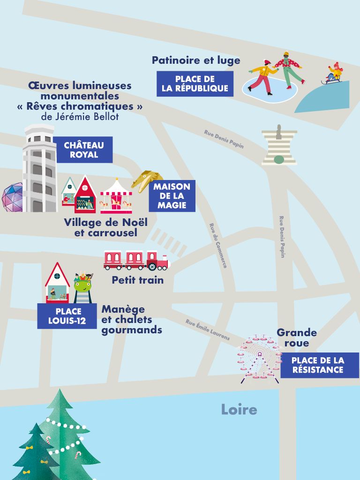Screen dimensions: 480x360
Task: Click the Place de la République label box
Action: pyautogui.click(x=195, y=84)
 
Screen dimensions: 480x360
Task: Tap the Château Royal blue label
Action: pyautogui.click(x=84, y=150)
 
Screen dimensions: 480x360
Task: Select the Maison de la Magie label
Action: pyautogui.click(x=172, y=196)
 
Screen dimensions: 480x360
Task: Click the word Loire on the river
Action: pyautogui.click(x=239, y=410)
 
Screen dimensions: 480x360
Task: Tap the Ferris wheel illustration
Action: pyautogui.click(x=259, y=358)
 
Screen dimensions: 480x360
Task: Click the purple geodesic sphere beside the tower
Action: pyautogui.click(x=13, y=198)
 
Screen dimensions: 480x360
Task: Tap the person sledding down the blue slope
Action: pyautogui.click(x=334, y=73)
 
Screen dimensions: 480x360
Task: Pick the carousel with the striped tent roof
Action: pyautogui.click(x=116, y=195)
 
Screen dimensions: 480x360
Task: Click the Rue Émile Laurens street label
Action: pyautogui.click(x=208, y=330)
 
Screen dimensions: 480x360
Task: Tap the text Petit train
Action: pyautogui.click(x=137, y=280)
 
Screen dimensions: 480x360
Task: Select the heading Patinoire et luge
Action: pyautogui.click(x=196, y=60)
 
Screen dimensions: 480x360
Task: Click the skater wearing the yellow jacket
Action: pyautogui.click(x=261, y=76)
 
